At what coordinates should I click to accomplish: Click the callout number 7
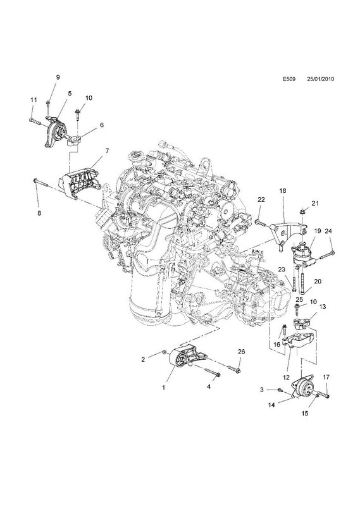[x=107, y=151]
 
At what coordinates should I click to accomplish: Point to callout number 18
[x=283, y=191]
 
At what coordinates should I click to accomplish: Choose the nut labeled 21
[x=302, y=212]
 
